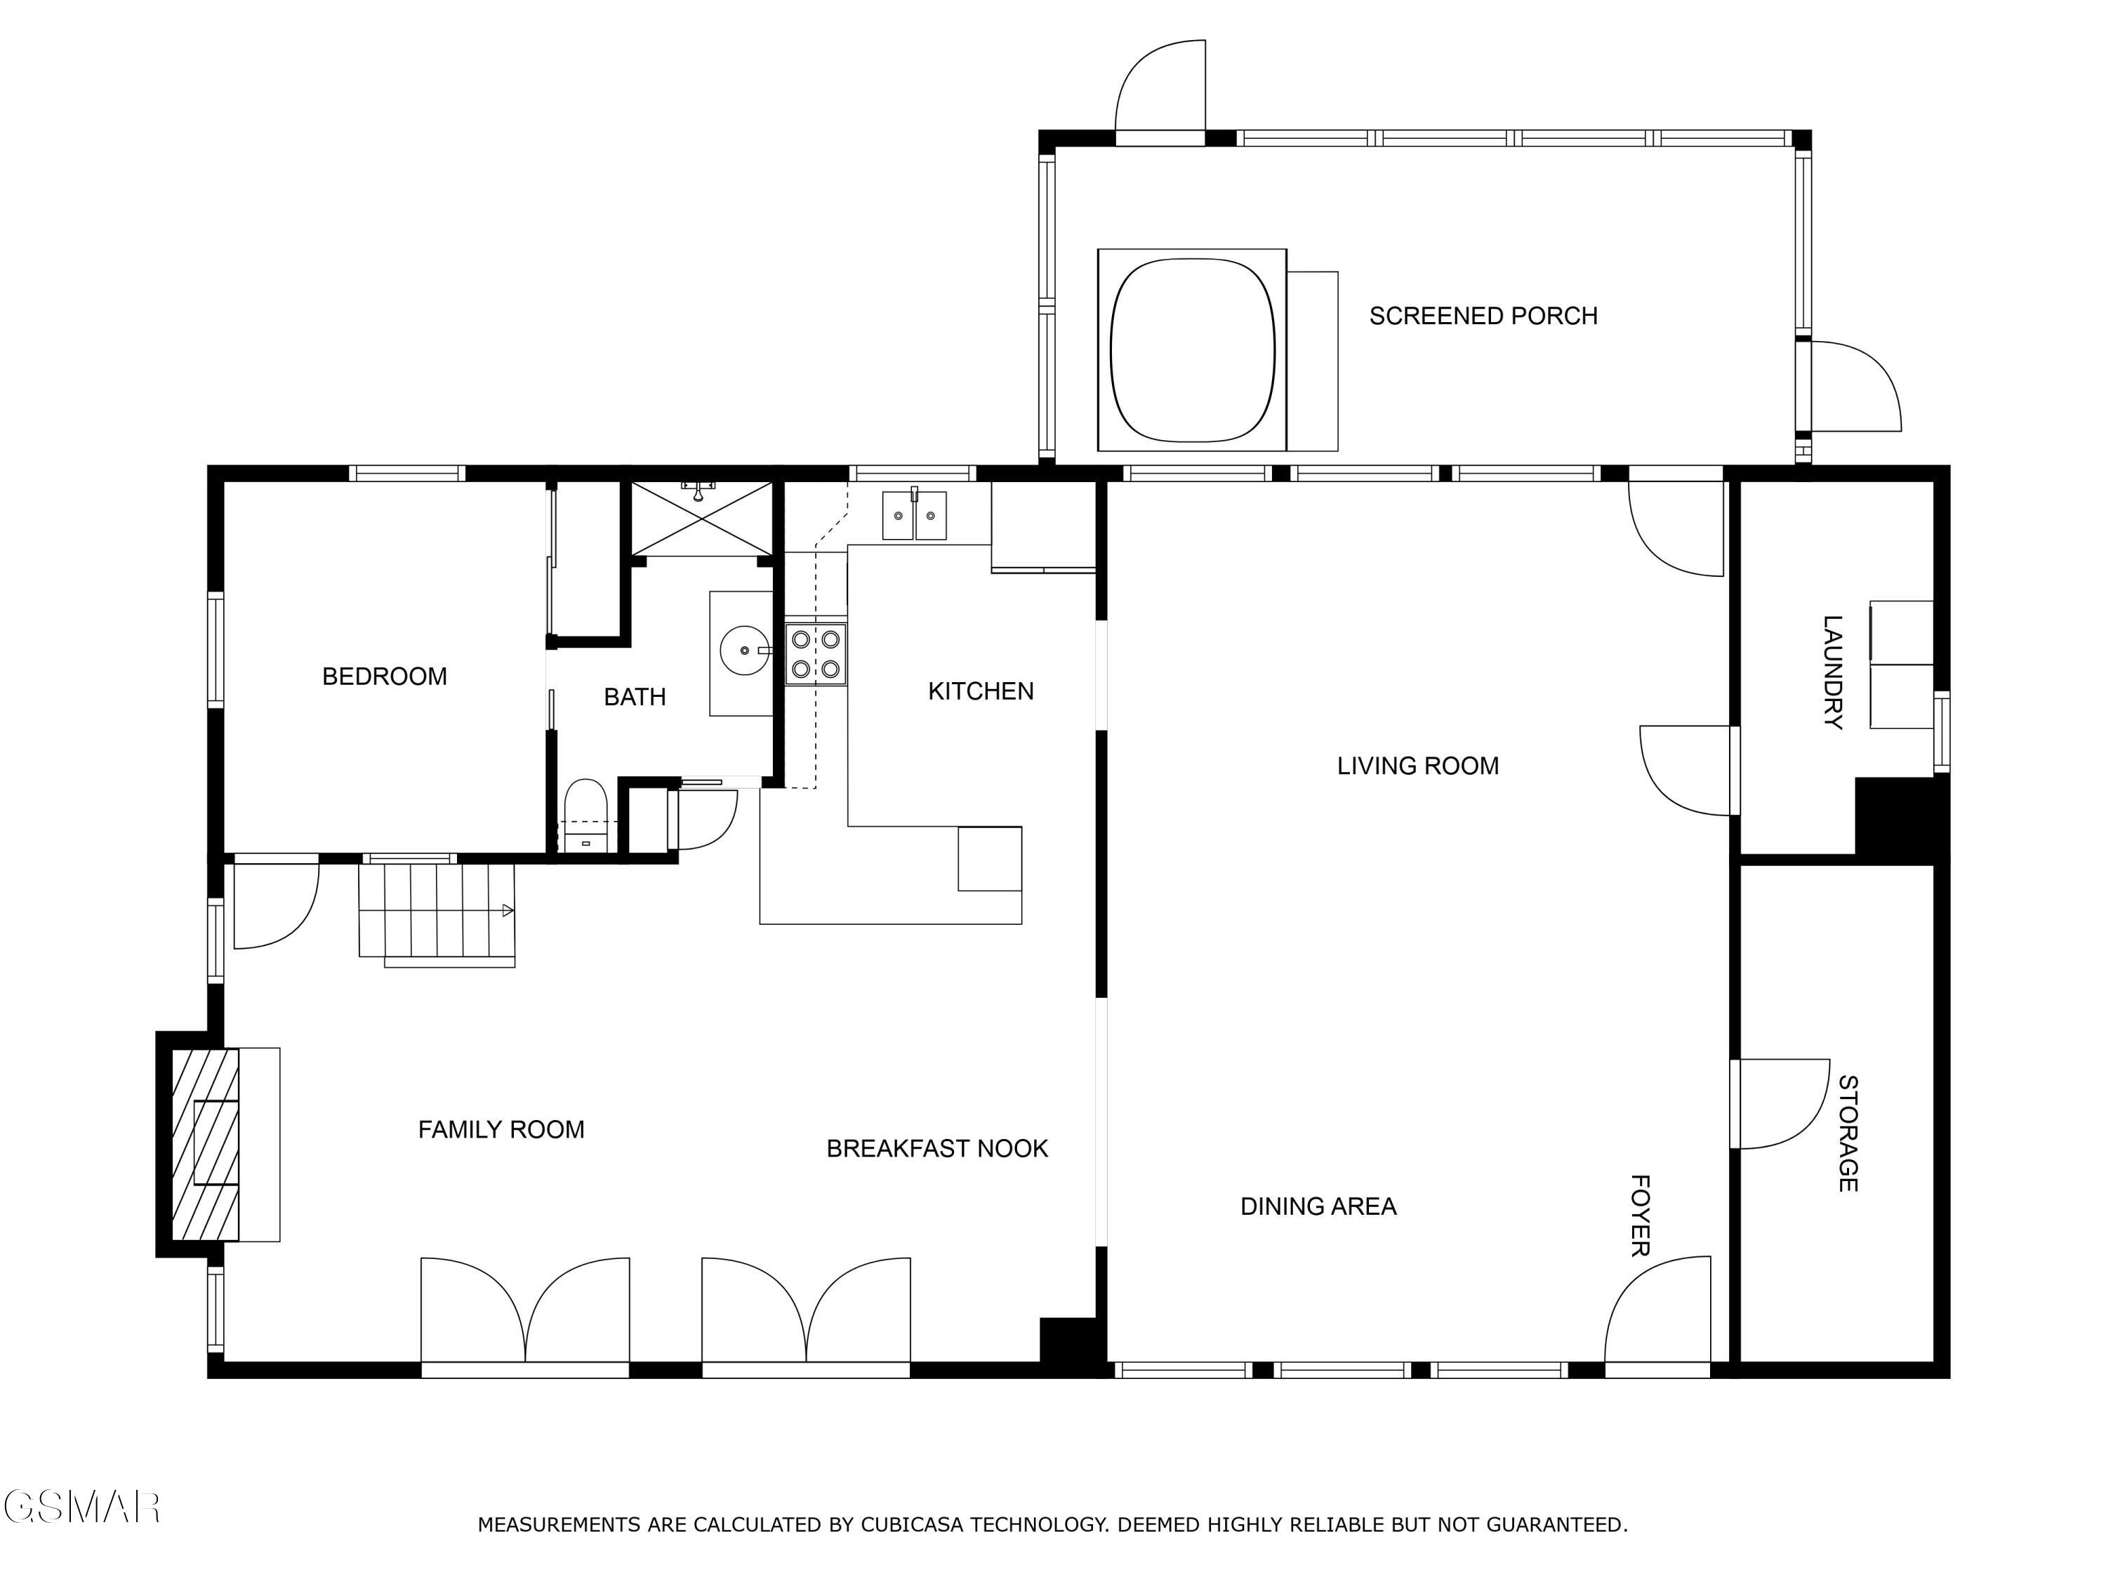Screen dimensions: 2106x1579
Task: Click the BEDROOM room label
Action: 385,676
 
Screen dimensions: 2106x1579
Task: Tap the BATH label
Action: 635,697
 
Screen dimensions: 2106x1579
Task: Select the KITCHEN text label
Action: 981,691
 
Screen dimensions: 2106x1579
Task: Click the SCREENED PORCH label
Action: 1483,315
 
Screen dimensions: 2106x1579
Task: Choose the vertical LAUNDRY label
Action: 1832,672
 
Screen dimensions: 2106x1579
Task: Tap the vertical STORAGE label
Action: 1847,1133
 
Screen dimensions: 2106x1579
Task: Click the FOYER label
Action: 1639,1215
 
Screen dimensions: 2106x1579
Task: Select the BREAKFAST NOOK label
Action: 937,1148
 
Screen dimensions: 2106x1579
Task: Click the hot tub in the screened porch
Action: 1192,350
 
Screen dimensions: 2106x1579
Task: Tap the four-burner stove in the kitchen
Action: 816,654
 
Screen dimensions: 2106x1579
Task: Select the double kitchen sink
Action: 914,515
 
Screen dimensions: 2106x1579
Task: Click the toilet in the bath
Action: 585,815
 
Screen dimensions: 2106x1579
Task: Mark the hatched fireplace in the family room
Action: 205,1144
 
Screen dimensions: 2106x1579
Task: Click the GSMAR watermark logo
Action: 82,1507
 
